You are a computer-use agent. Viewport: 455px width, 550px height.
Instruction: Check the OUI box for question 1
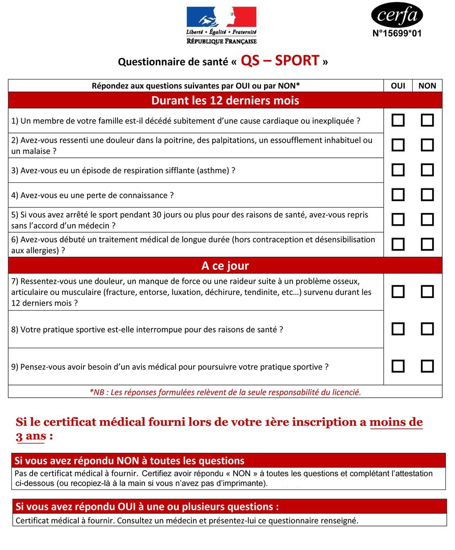tap(397, 121)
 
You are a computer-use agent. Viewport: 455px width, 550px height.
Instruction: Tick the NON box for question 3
tap(427, 170)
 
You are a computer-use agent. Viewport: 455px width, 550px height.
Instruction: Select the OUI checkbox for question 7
tap(397, 292)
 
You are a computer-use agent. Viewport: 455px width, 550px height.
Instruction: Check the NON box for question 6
tap(427, 244)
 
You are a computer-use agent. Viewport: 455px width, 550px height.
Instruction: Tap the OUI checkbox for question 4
tap(397, 195)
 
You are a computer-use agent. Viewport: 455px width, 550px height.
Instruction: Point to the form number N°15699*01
tap(397, 34)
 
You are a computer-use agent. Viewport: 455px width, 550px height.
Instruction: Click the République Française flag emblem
tap(221, 18)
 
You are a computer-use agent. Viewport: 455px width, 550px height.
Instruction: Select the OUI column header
tap(397, 86)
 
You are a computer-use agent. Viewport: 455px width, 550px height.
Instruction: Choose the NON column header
tap(427, 86)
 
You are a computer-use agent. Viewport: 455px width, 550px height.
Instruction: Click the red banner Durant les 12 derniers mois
tap(225, 100)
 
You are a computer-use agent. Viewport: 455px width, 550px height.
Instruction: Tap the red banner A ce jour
tap(225, 266)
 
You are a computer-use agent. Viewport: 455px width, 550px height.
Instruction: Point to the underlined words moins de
tap(396, 422)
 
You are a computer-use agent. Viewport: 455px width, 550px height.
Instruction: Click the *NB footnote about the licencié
tap(225, 392)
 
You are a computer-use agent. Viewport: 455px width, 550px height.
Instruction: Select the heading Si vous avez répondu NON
tap(129, 461)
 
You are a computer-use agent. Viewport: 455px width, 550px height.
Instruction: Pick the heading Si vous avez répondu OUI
tap(147, 507)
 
